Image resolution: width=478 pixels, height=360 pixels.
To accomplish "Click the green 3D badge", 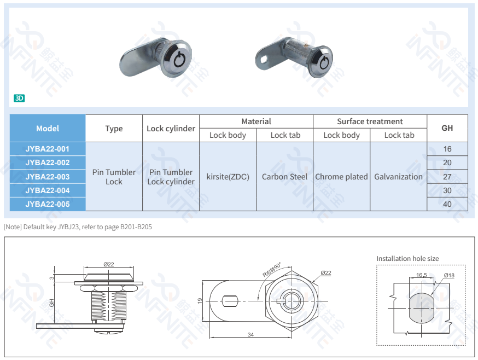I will point(19,98).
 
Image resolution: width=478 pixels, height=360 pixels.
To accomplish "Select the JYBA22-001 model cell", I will point(48,149).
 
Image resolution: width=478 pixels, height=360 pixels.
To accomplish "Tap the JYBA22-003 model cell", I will point(48,177).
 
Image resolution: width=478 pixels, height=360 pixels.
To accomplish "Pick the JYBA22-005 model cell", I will point(48,204).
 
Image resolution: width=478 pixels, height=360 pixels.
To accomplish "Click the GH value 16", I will point(447,149).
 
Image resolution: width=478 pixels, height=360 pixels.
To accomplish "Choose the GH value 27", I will point(447,177).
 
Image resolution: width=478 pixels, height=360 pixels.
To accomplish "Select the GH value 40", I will point(447,204).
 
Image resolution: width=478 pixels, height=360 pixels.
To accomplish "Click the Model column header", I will point(48,129).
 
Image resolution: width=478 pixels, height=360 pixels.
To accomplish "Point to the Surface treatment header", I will point(370,121).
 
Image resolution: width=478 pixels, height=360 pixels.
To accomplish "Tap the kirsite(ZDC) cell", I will point(228,177).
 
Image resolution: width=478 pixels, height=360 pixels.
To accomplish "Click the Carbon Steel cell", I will point(284,177).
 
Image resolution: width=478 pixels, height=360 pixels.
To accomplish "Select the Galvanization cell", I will point(398,177).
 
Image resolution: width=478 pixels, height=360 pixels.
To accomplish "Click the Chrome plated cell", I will point(341,177).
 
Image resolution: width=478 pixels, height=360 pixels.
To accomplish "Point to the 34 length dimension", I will point(250,334).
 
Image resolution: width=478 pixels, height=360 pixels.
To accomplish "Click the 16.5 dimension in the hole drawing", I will point(421,275).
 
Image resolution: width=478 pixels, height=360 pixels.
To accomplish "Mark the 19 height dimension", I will point(201,300).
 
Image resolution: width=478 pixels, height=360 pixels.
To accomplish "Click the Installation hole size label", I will point(407,259).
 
